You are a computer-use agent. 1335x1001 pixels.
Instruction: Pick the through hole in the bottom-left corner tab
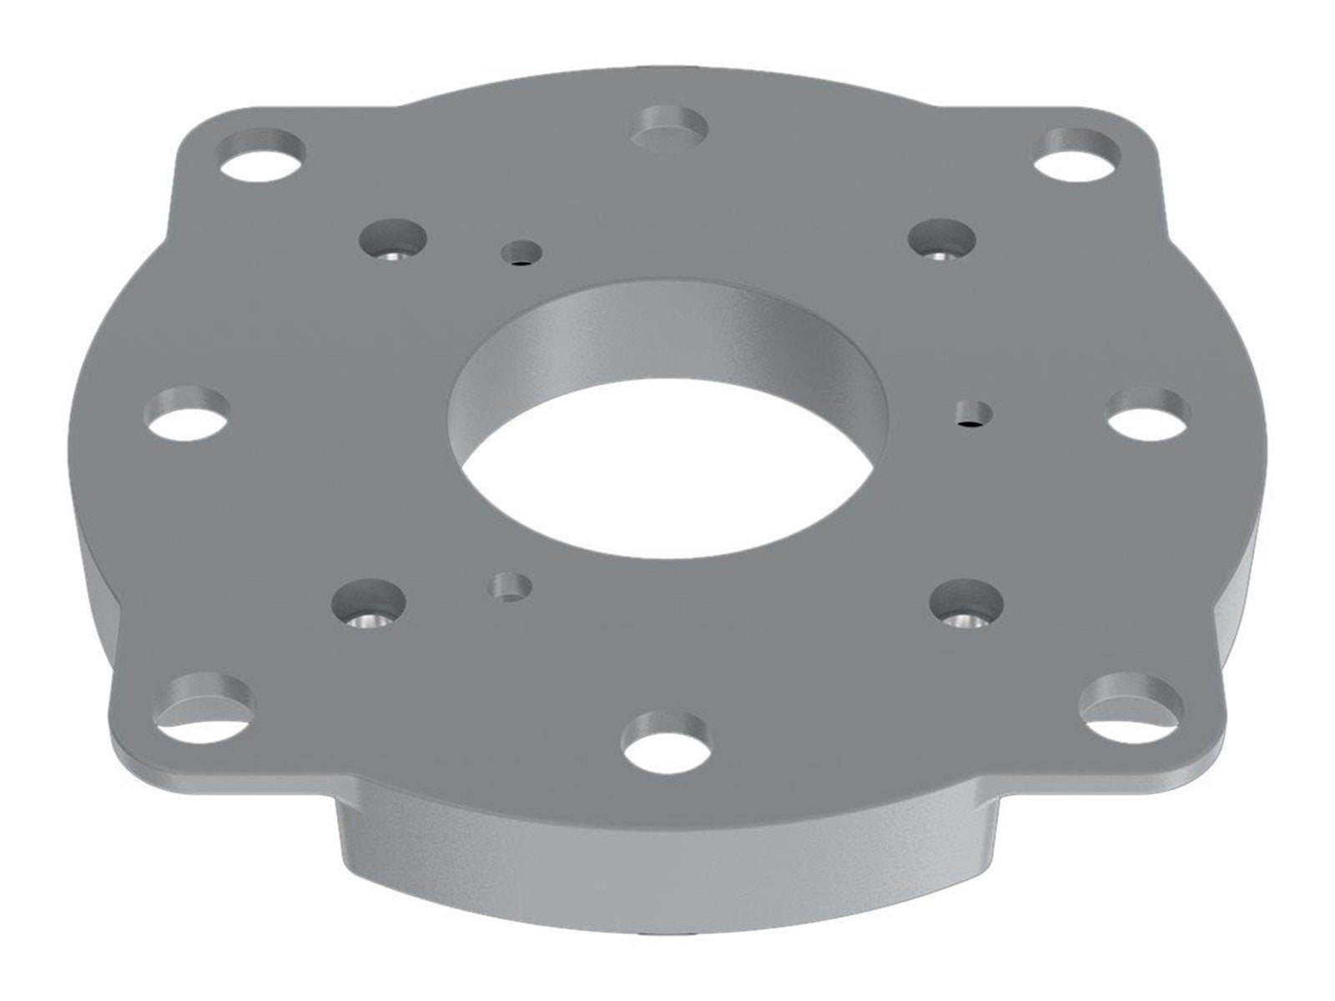208,703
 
